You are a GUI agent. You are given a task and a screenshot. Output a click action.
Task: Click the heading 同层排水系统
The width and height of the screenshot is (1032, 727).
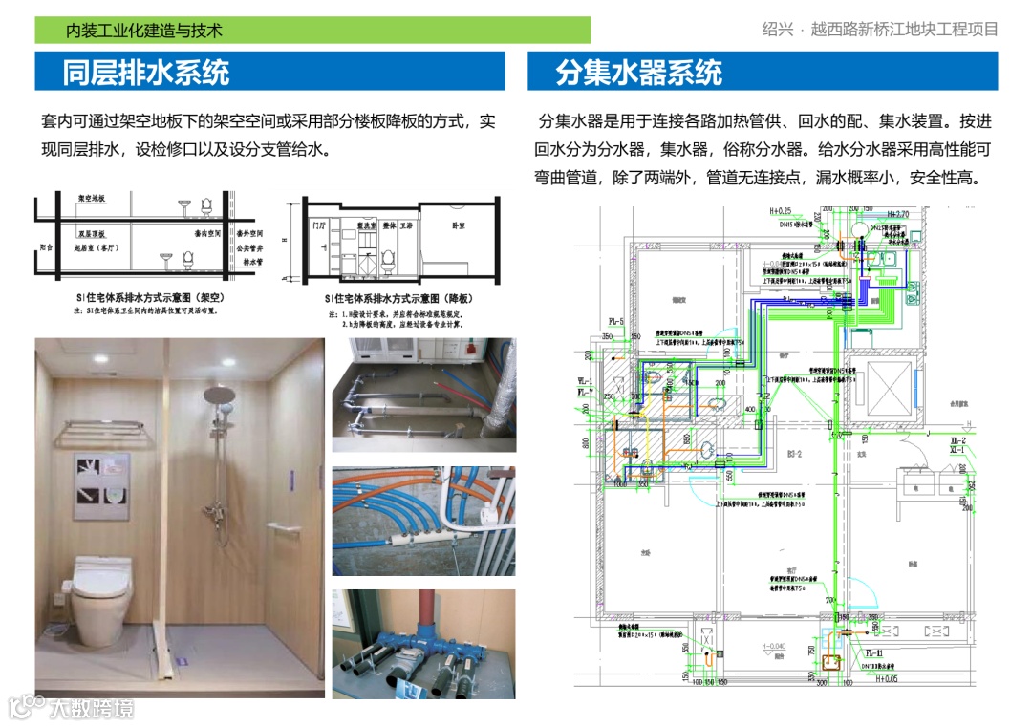coord(145,73)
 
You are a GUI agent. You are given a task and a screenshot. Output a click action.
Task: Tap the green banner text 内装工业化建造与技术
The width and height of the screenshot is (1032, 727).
coord(143,31)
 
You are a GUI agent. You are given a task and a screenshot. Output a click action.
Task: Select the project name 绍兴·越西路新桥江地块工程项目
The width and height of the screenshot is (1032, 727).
coord(880,29)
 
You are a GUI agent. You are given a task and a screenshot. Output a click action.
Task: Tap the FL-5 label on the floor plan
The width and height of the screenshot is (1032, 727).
coord(614,321)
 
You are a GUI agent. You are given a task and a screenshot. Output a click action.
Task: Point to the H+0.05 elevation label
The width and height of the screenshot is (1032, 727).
coord(891,679)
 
